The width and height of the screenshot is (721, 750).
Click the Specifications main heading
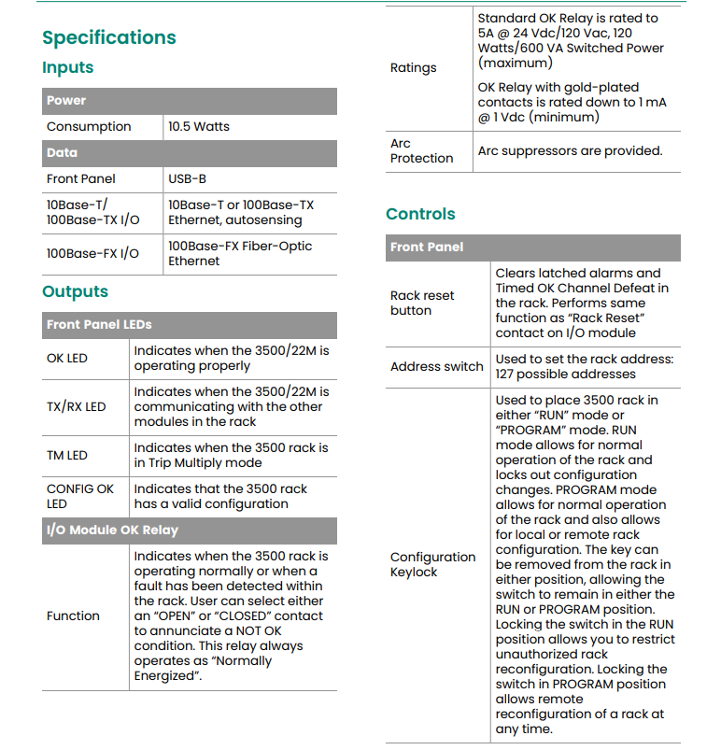[109, 37]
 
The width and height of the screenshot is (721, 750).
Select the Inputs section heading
[68, 67]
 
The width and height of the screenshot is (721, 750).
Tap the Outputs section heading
[75, 291]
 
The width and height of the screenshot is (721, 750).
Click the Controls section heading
[420, 214]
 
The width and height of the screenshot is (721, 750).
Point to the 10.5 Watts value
[199, 126]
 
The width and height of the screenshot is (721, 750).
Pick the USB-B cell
[187, 178]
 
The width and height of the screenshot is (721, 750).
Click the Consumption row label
[89, 126]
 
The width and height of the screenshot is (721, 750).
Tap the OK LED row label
[67, 358]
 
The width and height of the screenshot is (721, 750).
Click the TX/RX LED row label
[77, 406]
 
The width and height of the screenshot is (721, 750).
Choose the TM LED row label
[67, 455]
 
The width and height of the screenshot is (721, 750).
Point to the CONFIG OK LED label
[80, 496]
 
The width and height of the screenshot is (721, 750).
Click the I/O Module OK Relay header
[112, 530]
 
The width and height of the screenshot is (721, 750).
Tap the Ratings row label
[413, 67]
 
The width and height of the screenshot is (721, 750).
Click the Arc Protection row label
[421, 150]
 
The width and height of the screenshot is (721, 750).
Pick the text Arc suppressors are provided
[570, 150]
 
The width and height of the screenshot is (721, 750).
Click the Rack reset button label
[422, 303]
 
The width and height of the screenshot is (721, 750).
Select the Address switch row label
[436, 366]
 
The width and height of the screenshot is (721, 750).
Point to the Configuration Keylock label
[432, 564]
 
